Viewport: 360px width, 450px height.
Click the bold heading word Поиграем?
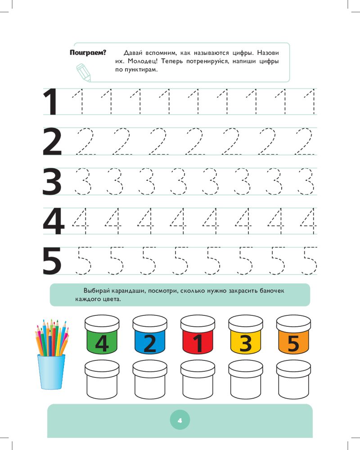click(x=88, y=53)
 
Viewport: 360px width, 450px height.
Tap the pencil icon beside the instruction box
click(x=84, y=72)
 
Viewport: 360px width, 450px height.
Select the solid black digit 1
click(x=50, y=102)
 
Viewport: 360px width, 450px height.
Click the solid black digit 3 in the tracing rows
click(x=52, y=181)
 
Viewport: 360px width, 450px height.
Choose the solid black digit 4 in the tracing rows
click(x=54, y=221)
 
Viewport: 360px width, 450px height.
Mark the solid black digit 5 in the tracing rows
click(x=52, y=261)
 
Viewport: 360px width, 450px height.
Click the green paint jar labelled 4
click(x=102, y=334)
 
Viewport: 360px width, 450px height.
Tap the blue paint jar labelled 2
click(x=150, y=334)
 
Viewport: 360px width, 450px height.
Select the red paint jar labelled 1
click(x=198, y=334)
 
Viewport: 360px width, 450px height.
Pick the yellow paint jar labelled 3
click(x=246, y=334)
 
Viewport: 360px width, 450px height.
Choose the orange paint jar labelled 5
click(x=293, y=334)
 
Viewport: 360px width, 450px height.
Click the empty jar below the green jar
click(x=102, y=379)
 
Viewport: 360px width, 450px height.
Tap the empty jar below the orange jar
click(x=293, y=379)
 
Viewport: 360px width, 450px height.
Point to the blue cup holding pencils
click(x=51, y=372)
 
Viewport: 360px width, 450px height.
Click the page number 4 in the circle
click(x=180, y=420)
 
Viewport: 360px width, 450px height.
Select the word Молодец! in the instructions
click(x=143, y=61)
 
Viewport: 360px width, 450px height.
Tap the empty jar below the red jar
click(x=198, y=379)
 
